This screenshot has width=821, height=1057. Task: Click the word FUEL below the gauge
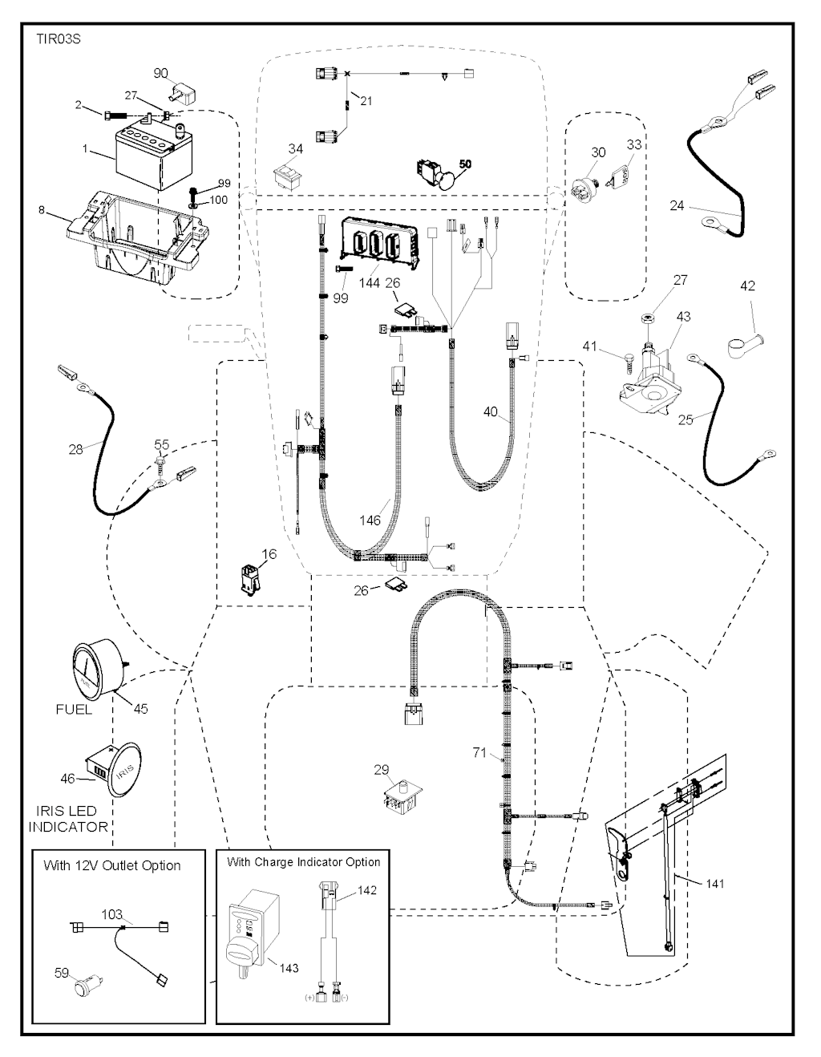74,709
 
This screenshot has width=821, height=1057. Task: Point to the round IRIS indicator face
123,773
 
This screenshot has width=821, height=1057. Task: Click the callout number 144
370,284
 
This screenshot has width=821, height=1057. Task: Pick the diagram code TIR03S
59,38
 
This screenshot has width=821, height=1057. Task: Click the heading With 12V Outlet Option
112,865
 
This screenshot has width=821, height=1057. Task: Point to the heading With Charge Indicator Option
303,862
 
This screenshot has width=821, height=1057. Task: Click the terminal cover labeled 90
184,95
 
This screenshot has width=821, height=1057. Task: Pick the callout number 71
479,752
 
